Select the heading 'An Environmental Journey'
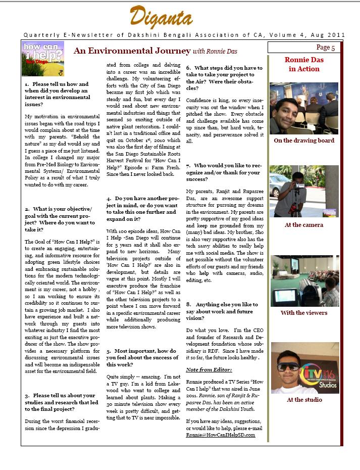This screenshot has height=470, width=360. tap(132, 51)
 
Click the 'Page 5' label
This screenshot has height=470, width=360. tap(326, 48)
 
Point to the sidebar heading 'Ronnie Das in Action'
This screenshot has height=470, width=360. tap(304, 64)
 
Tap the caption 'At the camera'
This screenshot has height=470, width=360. tap(304, 225)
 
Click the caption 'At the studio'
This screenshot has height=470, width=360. tap(304, 399)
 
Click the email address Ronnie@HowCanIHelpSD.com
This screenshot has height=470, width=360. tap(220, 435)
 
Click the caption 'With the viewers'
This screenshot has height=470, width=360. tap(304, 312)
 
